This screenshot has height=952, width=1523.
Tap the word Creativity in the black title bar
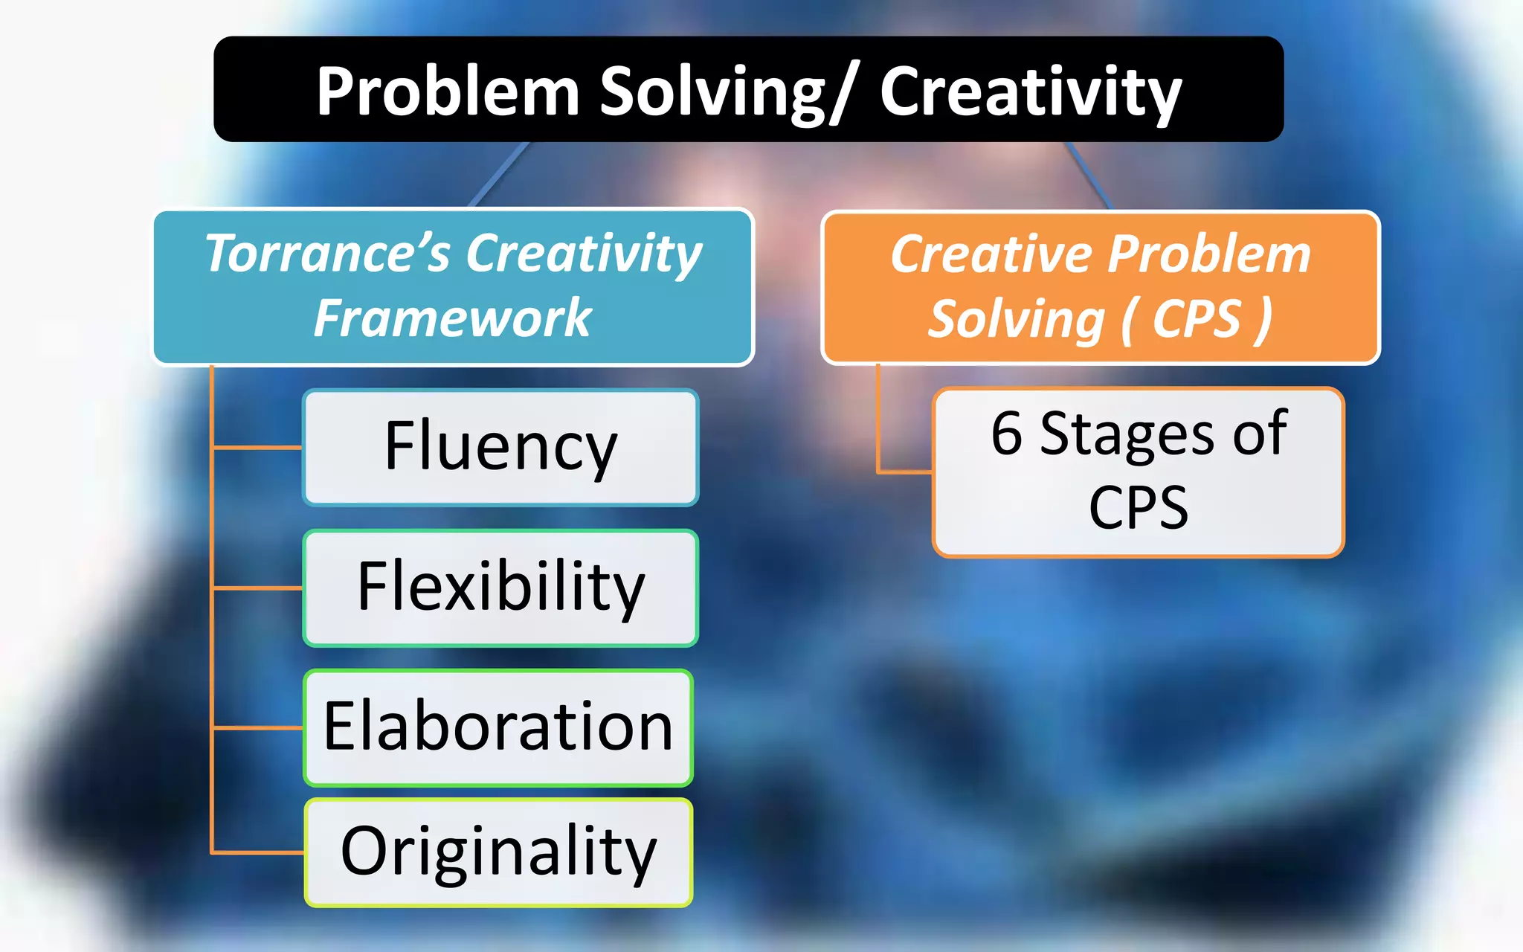1030,92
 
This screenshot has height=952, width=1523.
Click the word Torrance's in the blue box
327,254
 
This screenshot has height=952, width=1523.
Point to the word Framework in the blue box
452,318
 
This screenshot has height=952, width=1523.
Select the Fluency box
500,447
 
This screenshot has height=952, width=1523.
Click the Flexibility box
500,588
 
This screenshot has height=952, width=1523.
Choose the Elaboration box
498,727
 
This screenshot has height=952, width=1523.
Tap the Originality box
498,852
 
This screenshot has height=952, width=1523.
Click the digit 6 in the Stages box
1007,434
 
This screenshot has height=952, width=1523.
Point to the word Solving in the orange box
1016,319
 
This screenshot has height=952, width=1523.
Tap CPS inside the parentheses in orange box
1197,319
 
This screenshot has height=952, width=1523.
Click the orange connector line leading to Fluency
257,448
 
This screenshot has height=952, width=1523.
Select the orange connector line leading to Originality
257,852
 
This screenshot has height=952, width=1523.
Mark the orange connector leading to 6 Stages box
904,472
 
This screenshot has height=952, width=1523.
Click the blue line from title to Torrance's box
500,174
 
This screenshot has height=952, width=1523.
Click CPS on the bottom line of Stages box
1138,509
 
